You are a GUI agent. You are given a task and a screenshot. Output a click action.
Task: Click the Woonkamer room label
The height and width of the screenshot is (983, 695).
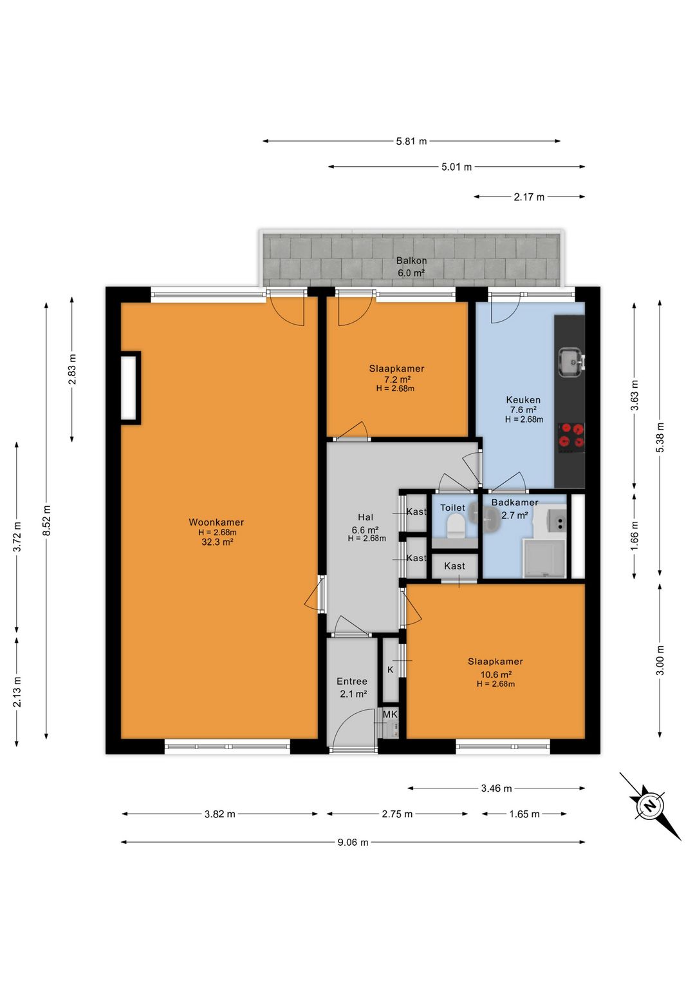[216, 522]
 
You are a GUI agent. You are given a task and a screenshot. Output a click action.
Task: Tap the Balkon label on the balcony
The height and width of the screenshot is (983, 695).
[411, 260]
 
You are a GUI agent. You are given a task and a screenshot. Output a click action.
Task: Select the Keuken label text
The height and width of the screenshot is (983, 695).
[523, 400]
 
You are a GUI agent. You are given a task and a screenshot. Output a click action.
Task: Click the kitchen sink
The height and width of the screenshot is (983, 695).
[571, 363]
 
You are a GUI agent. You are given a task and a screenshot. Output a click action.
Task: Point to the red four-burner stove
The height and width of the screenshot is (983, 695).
[571, 437]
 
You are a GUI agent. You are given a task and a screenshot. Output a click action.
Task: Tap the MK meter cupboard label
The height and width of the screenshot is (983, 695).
[390, 714]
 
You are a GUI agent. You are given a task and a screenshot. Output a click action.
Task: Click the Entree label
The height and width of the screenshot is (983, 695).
[351, 682]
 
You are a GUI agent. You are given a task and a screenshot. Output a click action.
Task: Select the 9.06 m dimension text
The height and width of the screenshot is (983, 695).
[353, 842]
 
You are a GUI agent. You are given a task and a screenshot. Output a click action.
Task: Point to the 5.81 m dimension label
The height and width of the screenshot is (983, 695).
[411, 141]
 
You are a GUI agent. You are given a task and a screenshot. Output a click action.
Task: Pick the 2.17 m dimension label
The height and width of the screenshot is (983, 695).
[529, 197]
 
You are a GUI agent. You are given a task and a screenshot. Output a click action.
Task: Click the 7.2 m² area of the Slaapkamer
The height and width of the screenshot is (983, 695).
[396, 379]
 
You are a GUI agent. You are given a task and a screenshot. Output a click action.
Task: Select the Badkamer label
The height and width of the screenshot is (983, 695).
[514, 502]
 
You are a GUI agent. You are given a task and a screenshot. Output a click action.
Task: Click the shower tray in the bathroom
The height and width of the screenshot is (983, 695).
[544, 558]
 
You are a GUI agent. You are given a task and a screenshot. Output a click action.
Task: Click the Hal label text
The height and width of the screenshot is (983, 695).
[366, 517]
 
